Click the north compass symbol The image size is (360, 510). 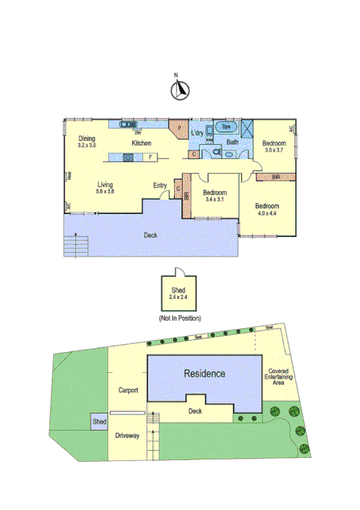pos(180,91)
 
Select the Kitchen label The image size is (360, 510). pos(142,144)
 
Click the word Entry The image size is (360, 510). pos(160,186)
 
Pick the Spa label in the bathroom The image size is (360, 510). pos(227,127)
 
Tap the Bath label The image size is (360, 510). pos(232,143)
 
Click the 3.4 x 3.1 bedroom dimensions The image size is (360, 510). pos(216,198)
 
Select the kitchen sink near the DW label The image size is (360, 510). pos(128,124)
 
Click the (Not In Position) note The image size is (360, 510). pos(180,318)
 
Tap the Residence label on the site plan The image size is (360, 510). pos(204,374)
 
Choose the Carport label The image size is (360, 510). pos(128,391)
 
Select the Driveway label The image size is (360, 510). pos(127,436)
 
